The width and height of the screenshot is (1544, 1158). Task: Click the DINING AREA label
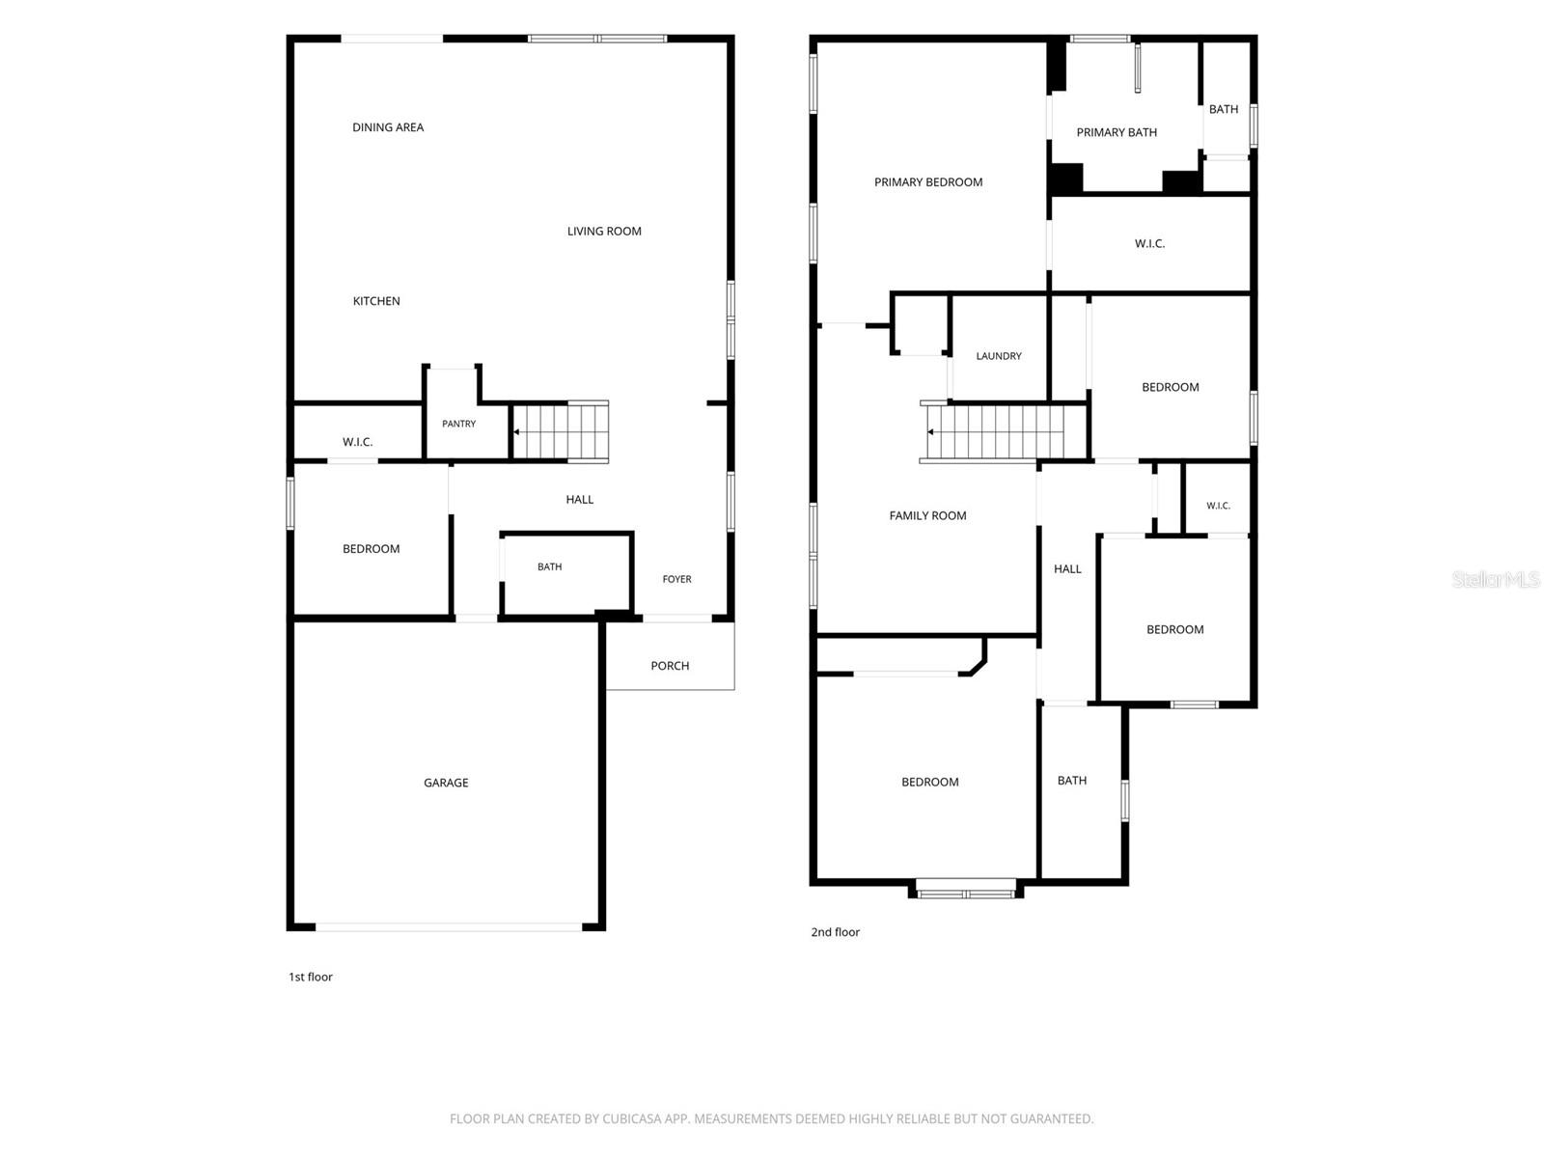pos(388,127)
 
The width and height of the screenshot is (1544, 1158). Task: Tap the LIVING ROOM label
pos(603,232)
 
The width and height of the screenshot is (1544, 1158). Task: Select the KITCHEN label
pos(375,301)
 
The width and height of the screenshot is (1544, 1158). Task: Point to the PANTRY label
pos(458,424)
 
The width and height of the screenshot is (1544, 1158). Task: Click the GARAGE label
pos(445,783)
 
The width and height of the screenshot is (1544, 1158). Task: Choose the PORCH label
pos(670,665)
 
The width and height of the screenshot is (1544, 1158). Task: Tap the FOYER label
pos(676,579)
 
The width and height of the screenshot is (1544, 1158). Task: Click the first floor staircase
pos(561,431)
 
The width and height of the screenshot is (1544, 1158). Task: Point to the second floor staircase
pos(1003,432)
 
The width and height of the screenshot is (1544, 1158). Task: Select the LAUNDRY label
pos(998,356)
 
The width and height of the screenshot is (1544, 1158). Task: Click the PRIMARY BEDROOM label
pos(927,182)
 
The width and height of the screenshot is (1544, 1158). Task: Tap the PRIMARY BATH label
pos(1117,132)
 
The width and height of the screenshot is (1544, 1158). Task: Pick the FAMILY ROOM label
pos(927,515)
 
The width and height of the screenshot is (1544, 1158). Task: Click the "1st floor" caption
pos(310,977)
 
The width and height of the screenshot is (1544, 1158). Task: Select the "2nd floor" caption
pos(835,931)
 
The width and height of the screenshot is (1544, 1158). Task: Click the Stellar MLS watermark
pos(1496,579)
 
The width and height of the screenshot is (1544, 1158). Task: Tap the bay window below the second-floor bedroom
pos(966,890)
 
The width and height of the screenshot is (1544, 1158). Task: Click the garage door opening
pos(449,927)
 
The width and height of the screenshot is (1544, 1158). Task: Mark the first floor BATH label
pos(549,566)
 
